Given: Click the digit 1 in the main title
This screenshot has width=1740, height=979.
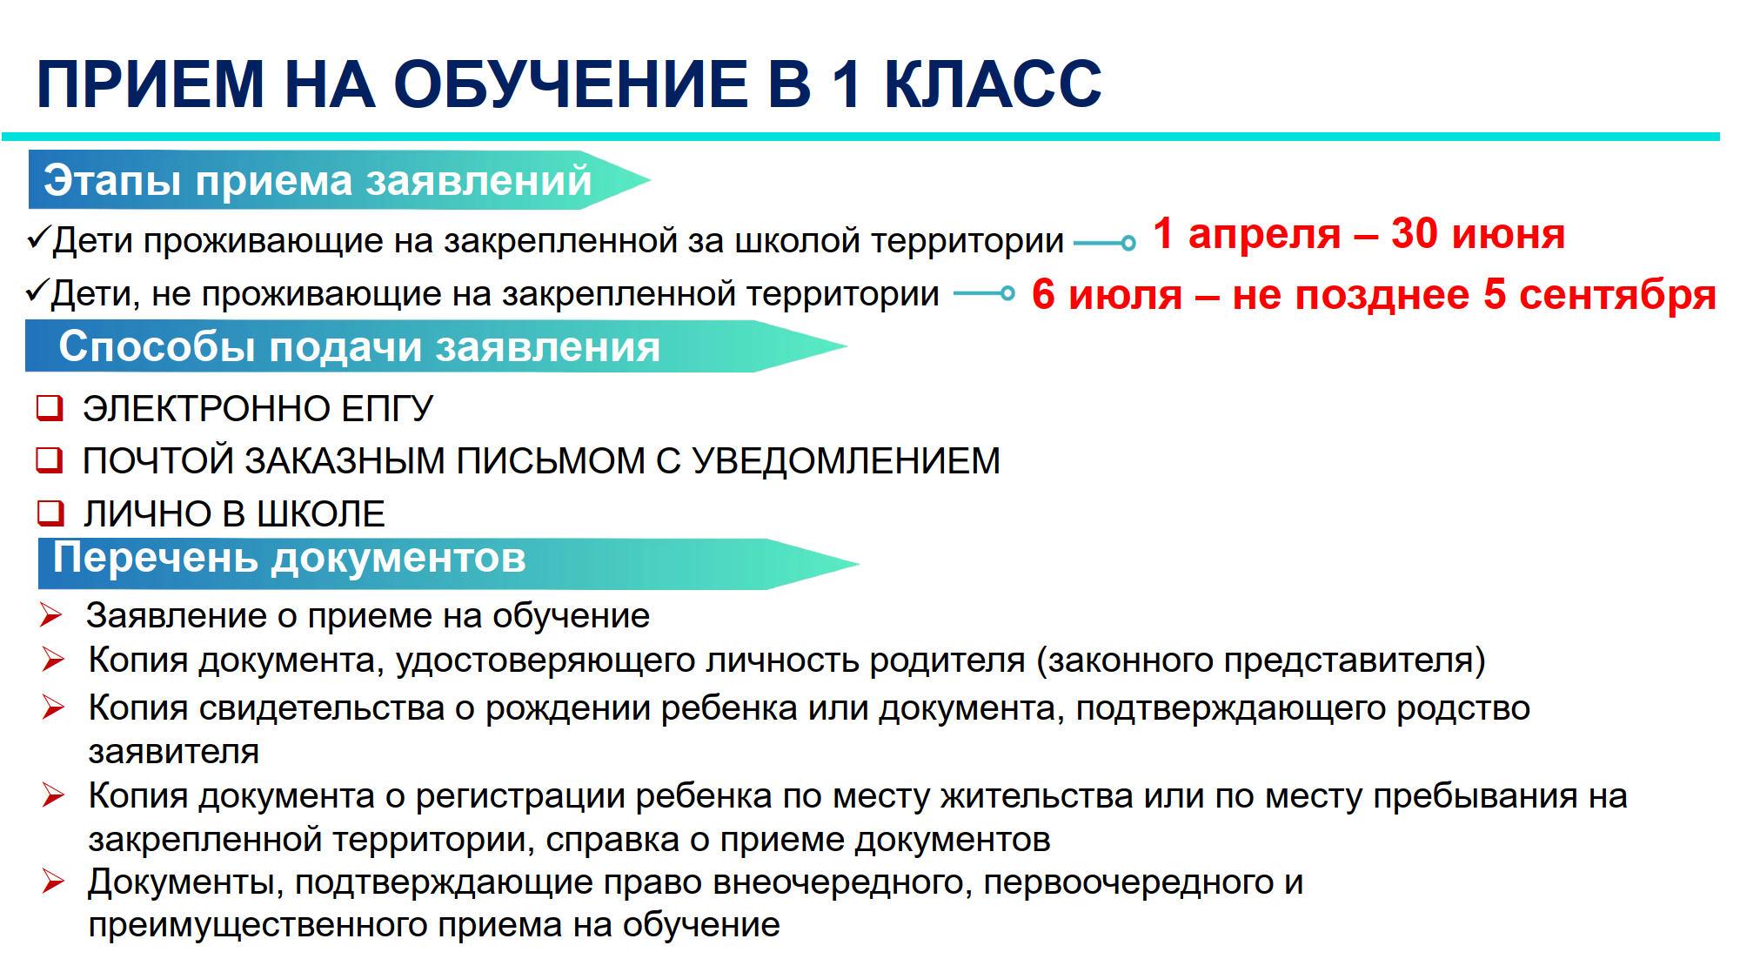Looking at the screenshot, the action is [847, 84].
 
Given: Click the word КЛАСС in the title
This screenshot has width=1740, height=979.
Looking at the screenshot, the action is [993, 84].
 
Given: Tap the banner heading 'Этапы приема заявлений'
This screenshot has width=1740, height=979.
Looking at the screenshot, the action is [318, 180].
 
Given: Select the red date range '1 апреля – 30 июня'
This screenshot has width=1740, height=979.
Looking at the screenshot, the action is [1359, 234].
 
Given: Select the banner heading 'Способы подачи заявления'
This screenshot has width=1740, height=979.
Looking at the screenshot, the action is [359, 346].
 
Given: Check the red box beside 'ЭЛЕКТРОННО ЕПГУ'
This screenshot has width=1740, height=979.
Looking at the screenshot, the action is [50, 407].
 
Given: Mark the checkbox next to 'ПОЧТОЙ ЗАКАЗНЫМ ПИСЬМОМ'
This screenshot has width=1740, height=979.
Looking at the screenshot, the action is [50, 459].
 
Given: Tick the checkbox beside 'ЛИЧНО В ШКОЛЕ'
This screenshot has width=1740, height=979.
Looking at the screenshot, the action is [50, 513].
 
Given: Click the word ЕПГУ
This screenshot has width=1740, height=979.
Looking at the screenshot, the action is [386, 409].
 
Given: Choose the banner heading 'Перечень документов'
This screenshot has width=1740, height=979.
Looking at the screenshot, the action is [290, 558].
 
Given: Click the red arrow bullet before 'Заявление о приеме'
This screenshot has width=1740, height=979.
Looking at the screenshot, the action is [51, 615].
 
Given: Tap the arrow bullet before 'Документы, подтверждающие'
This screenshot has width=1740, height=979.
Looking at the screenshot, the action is [53, 882].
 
